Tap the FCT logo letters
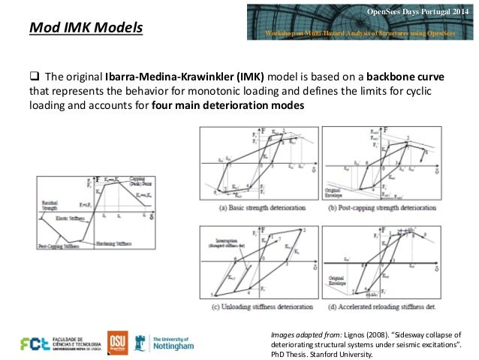pyautogui.click(x=36, y=343)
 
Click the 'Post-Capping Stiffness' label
pyautogui.click(x=59, y=244)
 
